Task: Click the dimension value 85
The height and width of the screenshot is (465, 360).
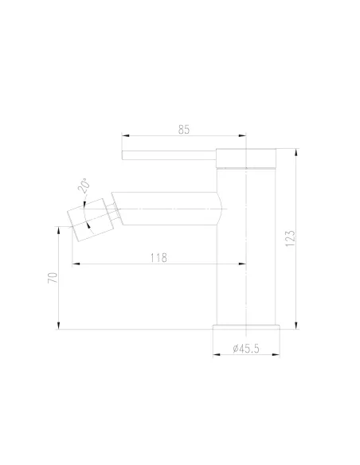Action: pyautogui.click(x=184, y=130)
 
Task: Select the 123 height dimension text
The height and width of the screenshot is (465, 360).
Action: pyautogui.click(x=290, y=237)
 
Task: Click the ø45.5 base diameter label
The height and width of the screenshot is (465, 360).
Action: pyautogui.click(x=246, y=349)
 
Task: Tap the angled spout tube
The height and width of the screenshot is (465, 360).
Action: pyautogui.click(x=167, y=204)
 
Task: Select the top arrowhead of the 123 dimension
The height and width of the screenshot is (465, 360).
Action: pyautogui.click(x=296, y=151)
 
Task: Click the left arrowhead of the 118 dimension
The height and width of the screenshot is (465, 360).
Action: pyautogui.click(x=74, y=264)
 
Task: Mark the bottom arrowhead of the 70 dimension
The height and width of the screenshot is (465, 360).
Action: pyautogui.click(x=59, y=326)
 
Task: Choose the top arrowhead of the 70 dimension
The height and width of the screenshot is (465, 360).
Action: pyautogui.click(x=59, y=229)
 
